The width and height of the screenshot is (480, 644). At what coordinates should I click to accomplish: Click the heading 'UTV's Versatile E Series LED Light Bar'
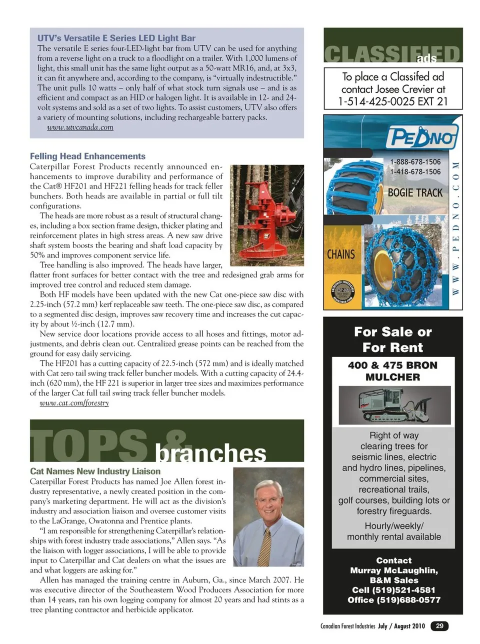coord(116,38)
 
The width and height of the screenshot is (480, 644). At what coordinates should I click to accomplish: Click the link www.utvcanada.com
coord(80,127)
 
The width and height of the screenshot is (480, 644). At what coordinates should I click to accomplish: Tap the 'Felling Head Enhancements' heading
coord(87,156)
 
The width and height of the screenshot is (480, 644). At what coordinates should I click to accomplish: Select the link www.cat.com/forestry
coord(74,403)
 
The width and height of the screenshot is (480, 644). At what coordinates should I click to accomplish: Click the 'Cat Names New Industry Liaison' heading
coord(95,471)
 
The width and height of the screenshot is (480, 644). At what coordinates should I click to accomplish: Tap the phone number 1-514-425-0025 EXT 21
coord(393,102)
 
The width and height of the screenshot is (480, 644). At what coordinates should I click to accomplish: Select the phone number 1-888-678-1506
coord(415,162)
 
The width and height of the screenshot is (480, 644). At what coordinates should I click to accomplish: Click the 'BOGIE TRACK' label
coord(415,193)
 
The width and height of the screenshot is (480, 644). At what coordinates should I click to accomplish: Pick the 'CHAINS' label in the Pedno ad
coord(341,254)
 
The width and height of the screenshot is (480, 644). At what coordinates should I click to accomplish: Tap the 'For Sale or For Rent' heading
coord(393,339)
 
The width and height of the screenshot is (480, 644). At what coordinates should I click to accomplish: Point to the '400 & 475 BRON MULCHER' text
coord(393,371)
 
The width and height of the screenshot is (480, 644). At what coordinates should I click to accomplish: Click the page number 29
coord(439,626)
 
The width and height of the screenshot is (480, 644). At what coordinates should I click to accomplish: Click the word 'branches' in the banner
coord(210,453)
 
